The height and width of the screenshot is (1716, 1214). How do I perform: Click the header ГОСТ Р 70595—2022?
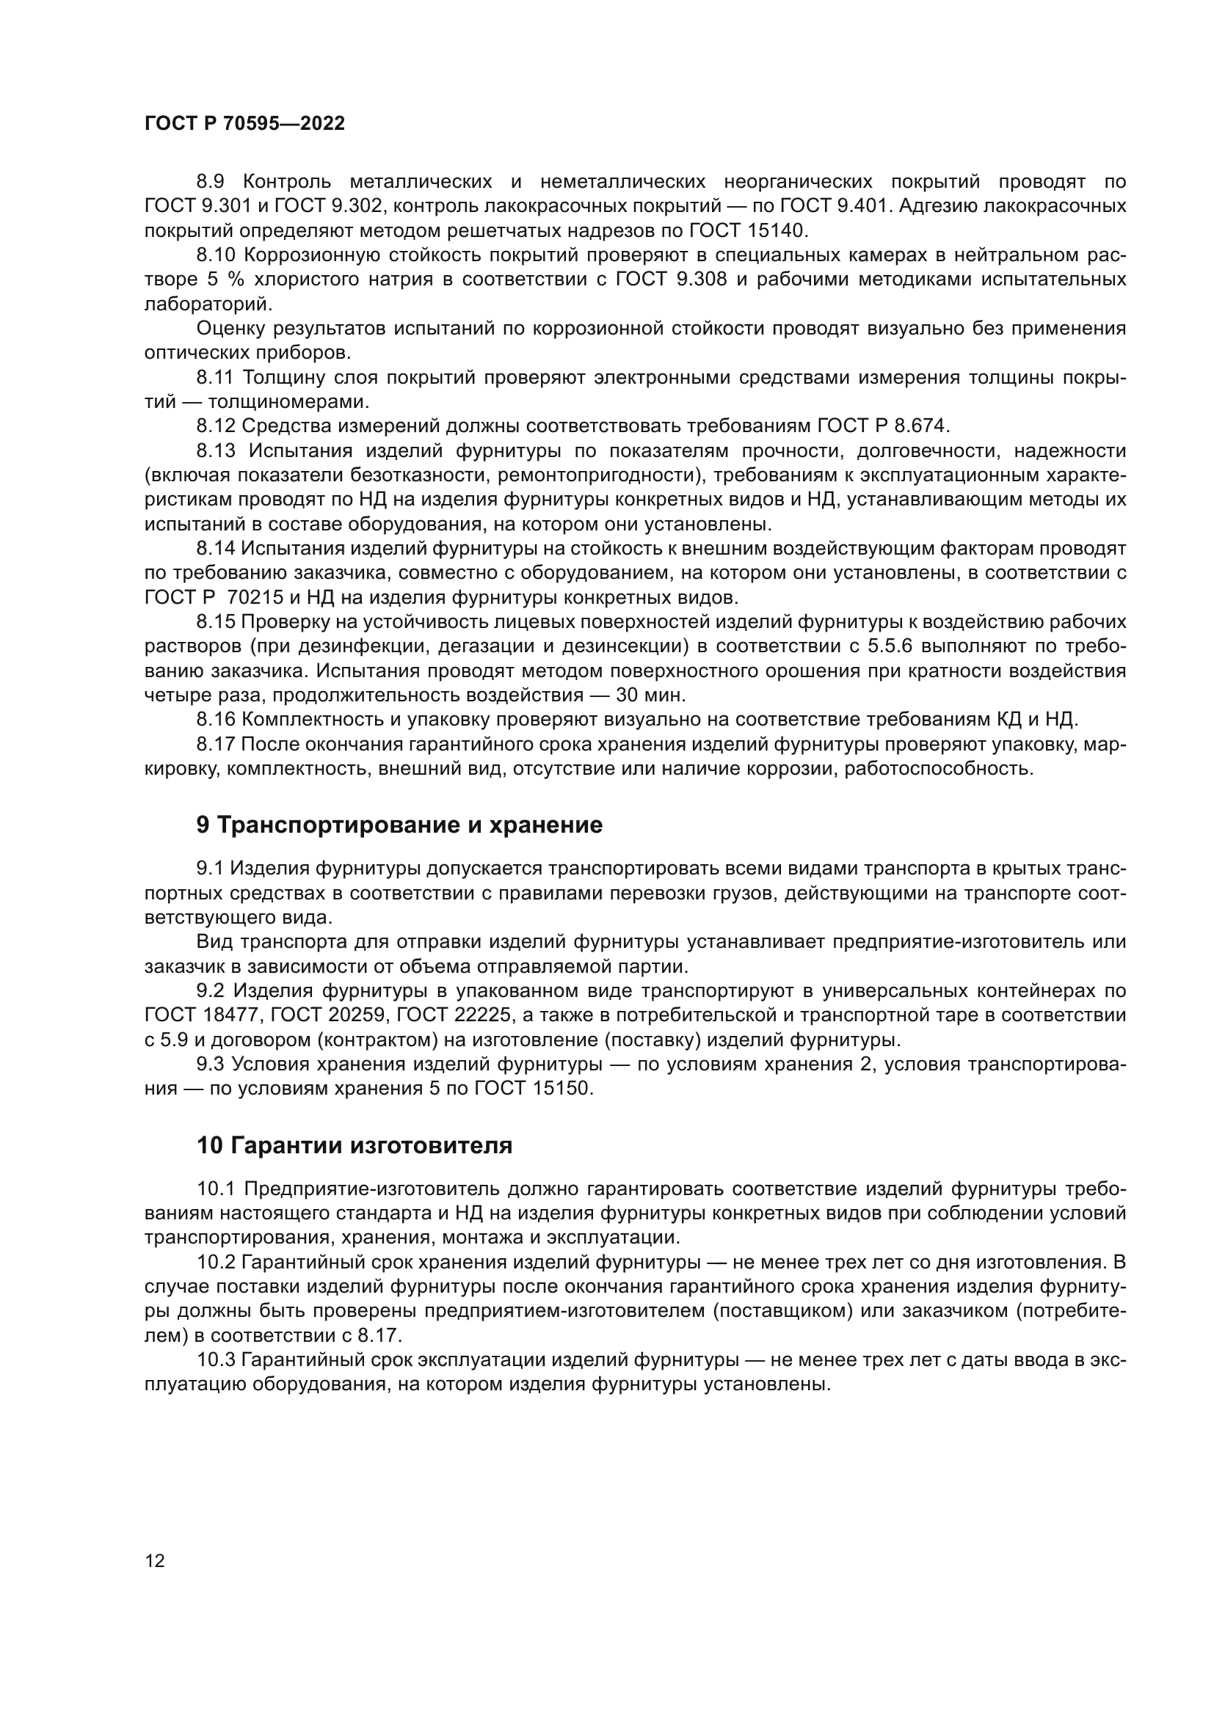point(244,124)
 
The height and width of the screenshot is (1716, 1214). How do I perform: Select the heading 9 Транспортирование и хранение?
point(399,825)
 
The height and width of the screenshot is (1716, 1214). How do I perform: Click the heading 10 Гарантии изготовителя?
point(355,1146)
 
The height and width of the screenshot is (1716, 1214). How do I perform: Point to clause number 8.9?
point(214,182)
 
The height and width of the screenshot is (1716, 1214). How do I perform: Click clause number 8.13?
point(216,450)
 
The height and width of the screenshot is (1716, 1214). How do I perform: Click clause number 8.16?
point(216,720)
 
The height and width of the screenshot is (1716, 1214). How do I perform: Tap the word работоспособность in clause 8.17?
point(939,769)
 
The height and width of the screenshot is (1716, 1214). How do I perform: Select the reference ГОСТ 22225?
point(454,1015)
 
